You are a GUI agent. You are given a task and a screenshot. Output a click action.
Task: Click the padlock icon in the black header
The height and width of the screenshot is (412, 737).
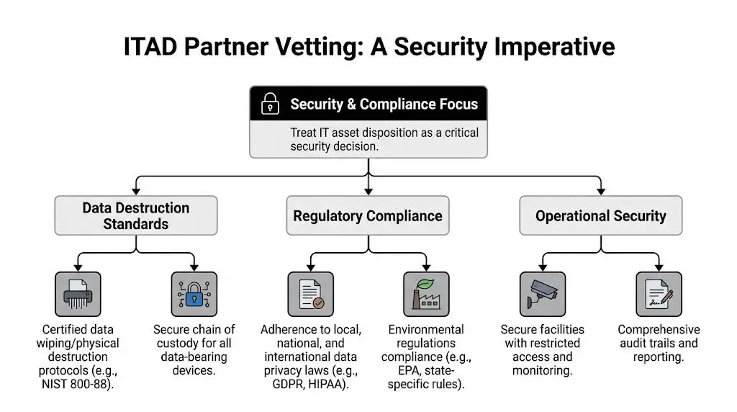point(270,104)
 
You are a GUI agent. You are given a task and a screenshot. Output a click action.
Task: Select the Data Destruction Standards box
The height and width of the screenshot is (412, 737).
point(135,215)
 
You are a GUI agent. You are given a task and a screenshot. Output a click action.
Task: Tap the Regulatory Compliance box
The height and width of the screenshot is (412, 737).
point(368,215)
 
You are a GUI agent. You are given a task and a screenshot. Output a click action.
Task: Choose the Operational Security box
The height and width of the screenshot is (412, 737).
point(600,215)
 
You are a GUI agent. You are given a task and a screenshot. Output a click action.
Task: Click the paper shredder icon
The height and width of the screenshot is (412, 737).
point(78,294)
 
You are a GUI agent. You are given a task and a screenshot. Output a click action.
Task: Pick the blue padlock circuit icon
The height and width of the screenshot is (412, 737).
point(194,294)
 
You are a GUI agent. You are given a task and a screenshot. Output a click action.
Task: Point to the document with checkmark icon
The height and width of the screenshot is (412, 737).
point(310,294)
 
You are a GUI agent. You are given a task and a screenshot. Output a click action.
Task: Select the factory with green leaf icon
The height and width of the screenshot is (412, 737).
point(426,294)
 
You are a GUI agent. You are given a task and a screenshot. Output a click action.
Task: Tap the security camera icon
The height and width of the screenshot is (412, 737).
point(543,294)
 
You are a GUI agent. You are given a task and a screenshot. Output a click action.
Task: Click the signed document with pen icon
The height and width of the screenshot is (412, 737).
point(659,294)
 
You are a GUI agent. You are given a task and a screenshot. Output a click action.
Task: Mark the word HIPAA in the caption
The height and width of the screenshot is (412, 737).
point(337,384)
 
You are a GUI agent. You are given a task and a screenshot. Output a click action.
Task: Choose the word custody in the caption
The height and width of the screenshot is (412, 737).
point(176,343)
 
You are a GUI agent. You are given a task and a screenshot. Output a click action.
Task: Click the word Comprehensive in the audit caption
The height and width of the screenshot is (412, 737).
point(659,330)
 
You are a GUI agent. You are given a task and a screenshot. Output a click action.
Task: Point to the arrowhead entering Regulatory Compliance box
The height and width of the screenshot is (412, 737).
point(368,192)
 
